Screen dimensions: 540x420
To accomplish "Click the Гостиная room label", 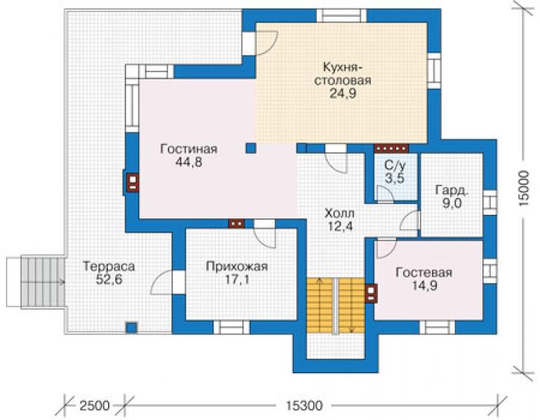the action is click(x=189, y=149).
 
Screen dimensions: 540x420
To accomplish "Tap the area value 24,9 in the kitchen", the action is click(x=343, y=93).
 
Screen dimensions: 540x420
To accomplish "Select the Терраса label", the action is click(x=109, y=266).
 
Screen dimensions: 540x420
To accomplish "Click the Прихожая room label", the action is click(x=237, y=267).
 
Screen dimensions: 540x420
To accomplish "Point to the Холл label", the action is click(x=339, y=213).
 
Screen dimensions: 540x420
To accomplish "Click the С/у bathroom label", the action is click(x=395, y=165).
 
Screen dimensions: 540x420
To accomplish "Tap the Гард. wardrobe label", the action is click(x=452, y=190).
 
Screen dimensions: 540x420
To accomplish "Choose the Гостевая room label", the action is click(x=423, y=272).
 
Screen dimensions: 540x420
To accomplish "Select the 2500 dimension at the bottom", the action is click(x=94, y=405).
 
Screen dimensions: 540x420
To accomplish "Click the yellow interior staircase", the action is click(x=336, y=305).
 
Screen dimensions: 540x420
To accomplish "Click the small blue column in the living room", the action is click(x=251, y=148).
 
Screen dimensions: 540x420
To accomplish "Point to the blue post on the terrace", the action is click(x=131, y=327).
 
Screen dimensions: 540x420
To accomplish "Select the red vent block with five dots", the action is click(x=392, y=148).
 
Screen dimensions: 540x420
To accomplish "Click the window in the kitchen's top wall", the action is click(x=342, y=16).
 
